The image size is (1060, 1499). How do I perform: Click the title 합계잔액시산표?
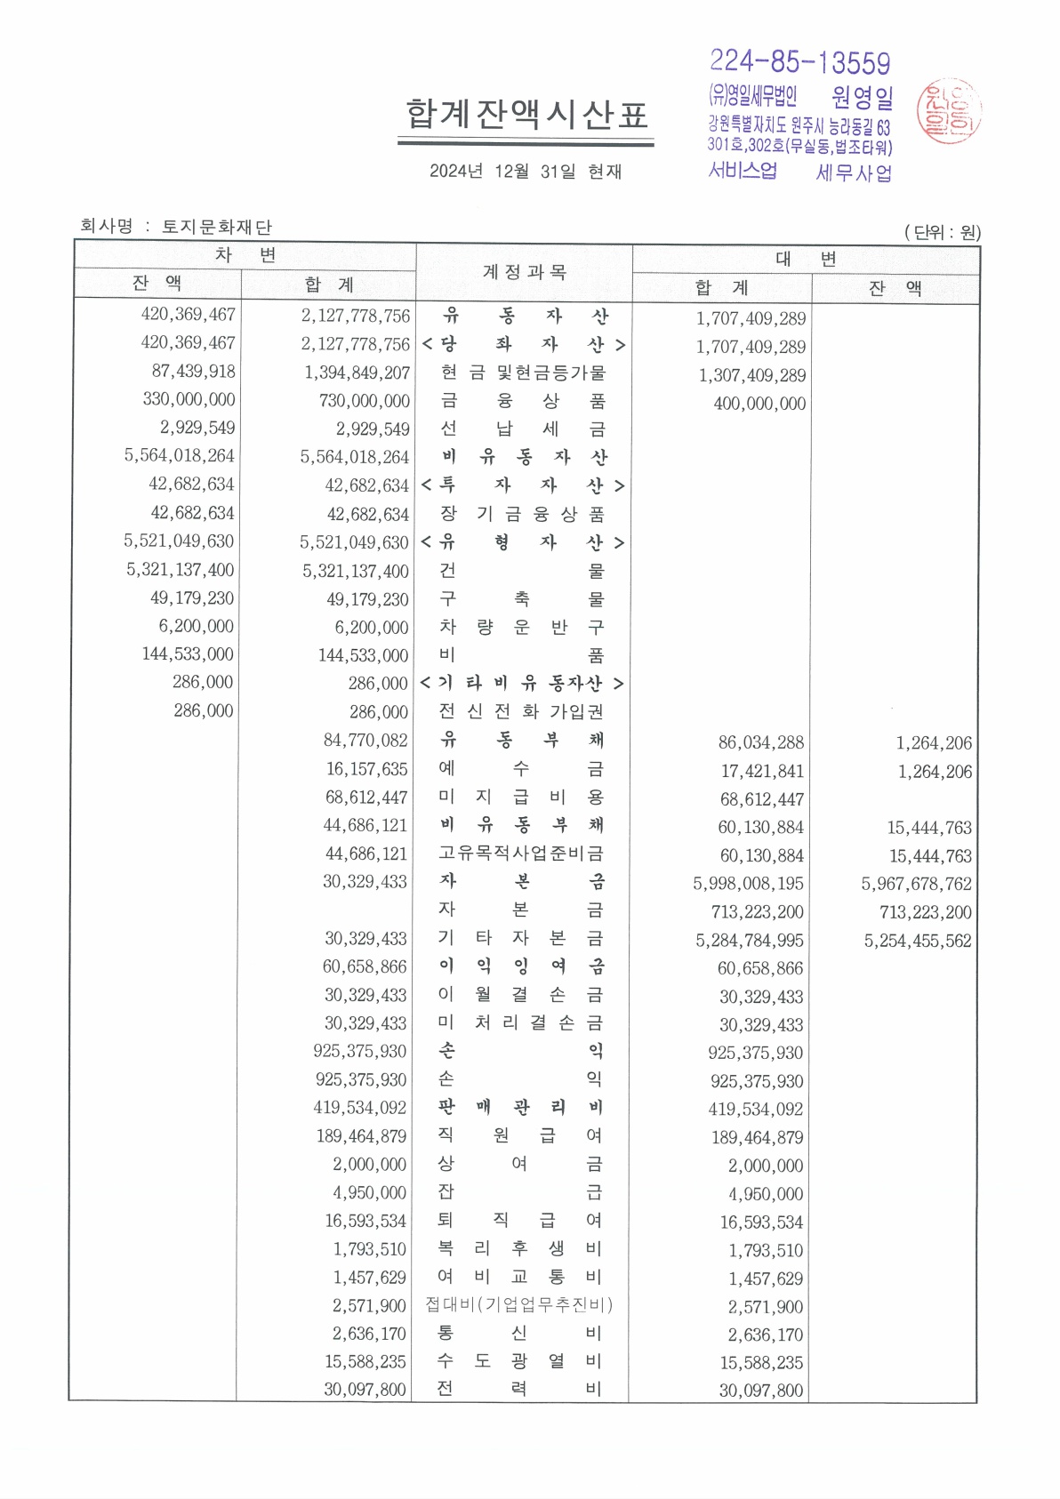(x=526, y=115)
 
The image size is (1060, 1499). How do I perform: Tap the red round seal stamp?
(x=949, y=111)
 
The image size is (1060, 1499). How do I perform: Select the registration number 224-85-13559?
(x=799, y=62)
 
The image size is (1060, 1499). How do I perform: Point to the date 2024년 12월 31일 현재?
(x=526, y=172)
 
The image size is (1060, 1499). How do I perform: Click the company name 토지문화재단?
(x=217, y=227)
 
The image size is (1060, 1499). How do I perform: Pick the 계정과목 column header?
(x=524, y=272)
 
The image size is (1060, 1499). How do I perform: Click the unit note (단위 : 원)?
(x=943, y=233)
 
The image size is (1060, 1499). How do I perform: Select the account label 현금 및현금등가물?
(x=523, y=373)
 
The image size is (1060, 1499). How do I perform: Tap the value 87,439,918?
(x=193, y=372)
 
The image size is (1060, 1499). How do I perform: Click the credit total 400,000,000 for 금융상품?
(x=759, y=404)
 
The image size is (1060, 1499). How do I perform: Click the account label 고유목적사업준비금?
(x=521, y=854)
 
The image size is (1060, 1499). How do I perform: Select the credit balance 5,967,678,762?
(x=916, y=884)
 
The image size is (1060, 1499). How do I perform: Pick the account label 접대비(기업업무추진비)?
(x=519, y=1304)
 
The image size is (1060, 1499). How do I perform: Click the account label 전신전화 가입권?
(x=522, y=711)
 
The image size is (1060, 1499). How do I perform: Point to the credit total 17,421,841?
(x=762, y=771)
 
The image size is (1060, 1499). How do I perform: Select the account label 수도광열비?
(x=519, y=1360)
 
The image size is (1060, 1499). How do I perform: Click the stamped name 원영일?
(x=862, y=96)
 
